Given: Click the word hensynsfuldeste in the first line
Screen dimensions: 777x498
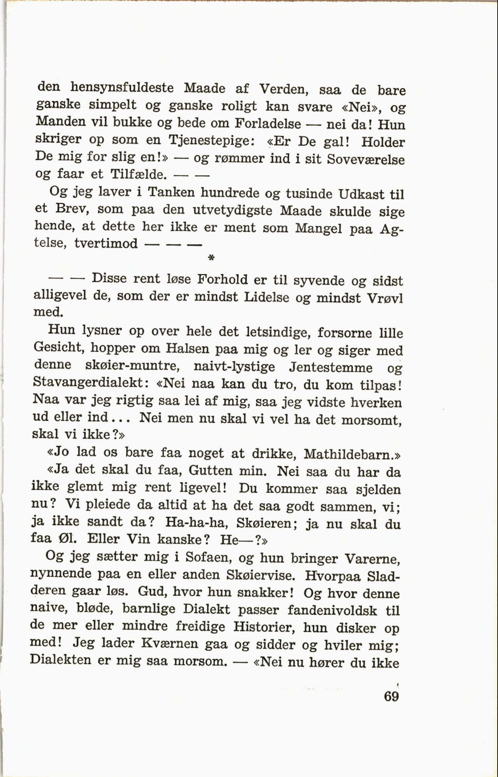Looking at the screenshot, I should [122, 88].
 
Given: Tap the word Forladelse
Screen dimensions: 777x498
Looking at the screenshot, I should [268, 124].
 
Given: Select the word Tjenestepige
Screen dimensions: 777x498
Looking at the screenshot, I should [212, 141].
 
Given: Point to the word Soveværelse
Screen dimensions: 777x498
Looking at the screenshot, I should [366, 159].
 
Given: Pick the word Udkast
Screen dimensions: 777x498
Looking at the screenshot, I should [361, 194].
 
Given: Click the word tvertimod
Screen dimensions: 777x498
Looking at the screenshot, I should [106, 243].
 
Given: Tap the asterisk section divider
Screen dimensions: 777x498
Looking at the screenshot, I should [211, 258].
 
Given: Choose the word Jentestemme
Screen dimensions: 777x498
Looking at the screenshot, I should [331, 368].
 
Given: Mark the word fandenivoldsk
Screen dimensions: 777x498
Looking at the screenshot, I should [332, 610].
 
